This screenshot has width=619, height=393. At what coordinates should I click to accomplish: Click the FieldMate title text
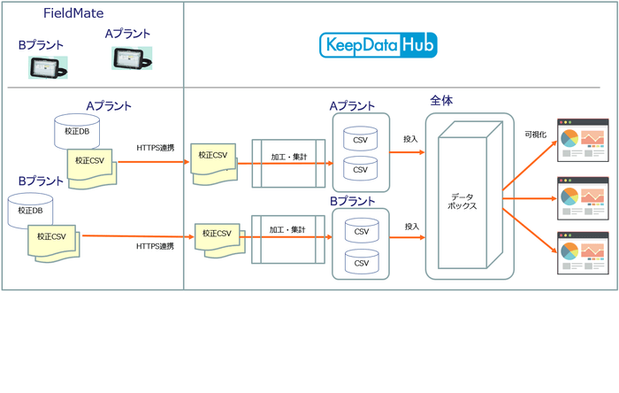coord(74,13)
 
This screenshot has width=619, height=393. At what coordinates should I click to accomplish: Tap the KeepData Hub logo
coord(378,44)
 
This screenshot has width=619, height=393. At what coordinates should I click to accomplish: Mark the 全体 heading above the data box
coord(441,100)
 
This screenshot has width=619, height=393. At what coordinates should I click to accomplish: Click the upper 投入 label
coord(411,138)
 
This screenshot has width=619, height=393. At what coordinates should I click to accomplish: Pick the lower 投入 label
coord(411,227)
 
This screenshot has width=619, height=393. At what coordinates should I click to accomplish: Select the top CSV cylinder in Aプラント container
coord(361,138)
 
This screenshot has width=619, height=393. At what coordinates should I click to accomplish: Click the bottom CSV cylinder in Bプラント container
coord(361,263)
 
